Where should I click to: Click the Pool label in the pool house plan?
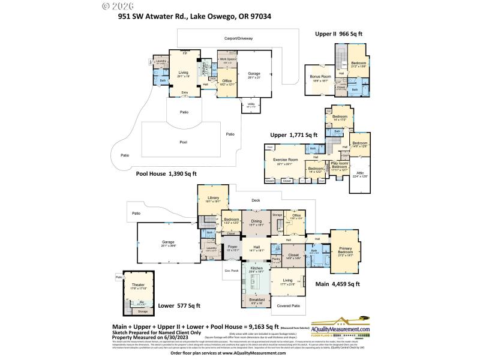pyautogui.click(x=184, y=143)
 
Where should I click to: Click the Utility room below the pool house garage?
pyautogui.click(x=250, y=105)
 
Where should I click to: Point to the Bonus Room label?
pyautogui.click(x=321, y=78)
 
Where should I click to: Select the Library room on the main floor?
pyautogui.click(x=213, y=200)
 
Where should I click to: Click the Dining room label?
pyautogui.click(x=256, y=223)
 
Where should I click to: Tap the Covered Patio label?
pyautogui.click(x=289, y=306)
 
